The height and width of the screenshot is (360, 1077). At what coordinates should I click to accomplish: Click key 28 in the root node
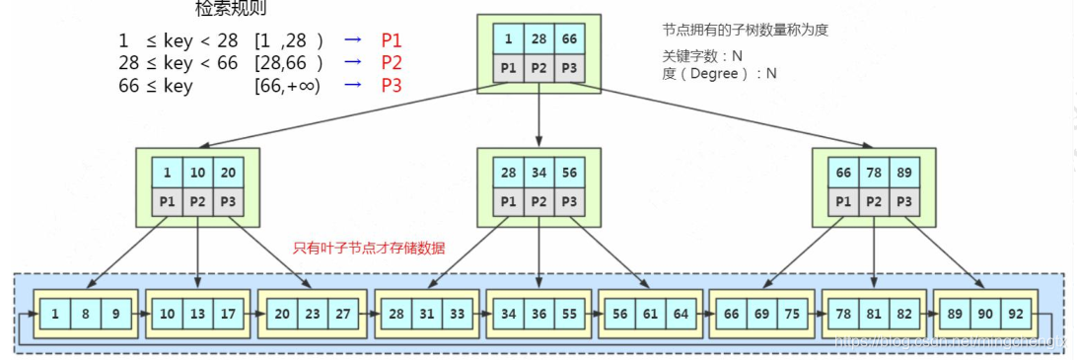(538, 38)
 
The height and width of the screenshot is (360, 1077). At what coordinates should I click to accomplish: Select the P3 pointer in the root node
(569, 68)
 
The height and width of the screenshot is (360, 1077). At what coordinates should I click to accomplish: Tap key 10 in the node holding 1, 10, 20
(197, 172)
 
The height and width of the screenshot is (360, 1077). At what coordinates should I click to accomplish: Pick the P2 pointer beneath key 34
(538, 201)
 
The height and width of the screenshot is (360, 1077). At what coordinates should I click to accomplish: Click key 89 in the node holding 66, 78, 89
(904, 172)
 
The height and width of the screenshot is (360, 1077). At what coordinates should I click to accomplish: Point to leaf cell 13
(197, 313)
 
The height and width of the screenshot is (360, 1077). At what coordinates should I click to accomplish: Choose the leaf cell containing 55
(569, 313)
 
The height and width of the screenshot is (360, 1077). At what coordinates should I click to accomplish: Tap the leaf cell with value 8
(85, 313)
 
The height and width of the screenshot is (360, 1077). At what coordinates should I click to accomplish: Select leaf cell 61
(651, 313)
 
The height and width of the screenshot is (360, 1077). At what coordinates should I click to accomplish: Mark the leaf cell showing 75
(792, 313)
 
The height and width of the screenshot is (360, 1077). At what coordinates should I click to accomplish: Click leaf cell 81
(875, 313)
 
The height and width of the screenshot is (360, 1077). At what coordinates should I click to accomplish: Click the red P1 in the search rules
(392, 40)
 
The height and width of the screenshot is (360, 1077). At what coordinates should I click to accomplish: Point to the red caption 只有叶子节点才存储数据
(369, 249)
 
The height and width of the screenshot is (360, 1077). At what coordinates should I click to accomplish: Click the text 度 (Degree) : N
(720, 73)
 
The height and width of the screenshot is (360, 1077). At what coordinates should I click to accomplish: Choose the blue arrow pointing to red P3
(353, 85)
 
